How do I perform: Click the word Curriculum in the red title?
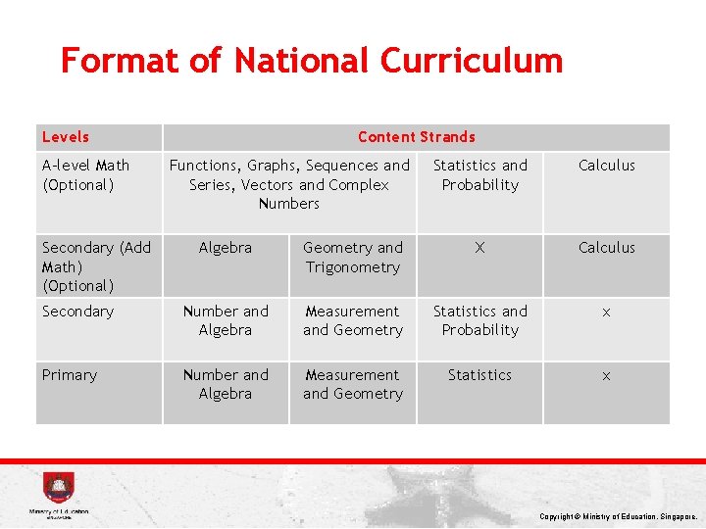click(x=472, y=61)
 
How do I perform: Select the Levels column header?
click(x=66, y=137)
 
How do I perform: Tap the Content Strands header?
click(x=416, y=137)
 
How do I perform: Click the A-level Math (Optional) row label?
click(x=85, y=174)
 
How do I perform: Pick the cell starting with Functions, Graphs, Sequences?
click(x=289, y=184)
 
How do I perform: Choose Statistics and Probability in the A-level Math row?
click(x=479, y=174)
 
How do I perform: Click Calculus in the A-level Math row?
click(x=606, y=166)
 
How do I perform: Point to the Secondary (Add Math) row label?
click(x=96, y=266)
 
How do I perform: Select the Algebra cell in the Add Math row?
click(x=226, y=248)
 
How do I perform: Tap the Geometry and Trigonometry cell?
click(x=353, y=258)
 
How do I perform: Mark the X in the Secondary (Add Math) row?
click(x=479, y=248)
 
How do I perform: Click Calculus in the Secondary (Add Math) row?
click(x=606, y=248)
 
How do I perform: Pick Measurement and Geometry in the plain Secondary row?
click(x=353, y=320)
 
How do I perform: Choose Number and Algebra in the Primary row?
click(x=226, y=384)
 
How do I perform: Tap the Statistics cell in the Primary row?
click(x=479, y=375)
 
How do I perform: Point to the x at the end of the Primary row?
click(x=606, y=375)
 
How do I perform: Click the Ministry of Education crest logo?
click(x=58, y=489)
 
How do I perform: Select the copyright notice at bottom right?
click(x=618, y=516)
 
